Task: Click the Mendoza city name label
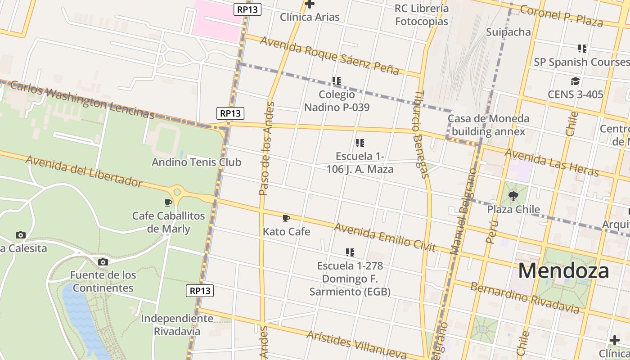[x=563, y=271]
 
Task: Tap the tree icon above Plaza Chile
[x=513, y=196]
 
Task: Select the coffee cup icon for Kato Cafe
[x=286, y=219]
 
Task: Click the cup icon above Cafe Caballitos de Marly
[x=168, y=202]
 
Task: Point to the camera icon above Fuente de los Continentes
[x=103, y=262]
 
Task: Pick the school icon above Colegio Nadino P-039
[x=337, y=81]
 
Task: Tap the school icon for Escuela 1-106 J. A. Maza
[x=360, y=143]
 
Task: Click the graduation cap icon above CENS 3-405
[x=575, y=81]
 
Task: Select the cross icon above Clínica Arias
[x=310, y=4]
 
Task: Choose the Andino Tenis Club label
[x=196, y=162]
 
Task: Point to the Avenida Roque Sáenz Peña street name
[x=329, y=55]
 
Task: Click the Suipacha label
[x=508, y=32]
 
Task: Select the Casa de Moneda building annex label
[x=488, y=125]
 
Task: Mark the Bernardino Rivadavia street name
[x=525, y=298]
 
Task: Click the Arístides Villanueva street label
[x=353, y=345]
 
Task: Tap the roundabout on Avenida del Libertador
[x=177, y=192]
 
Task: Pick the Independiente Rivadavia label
[x=177, y=325]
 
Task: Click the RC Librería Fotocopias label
[x=422, y=15]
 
